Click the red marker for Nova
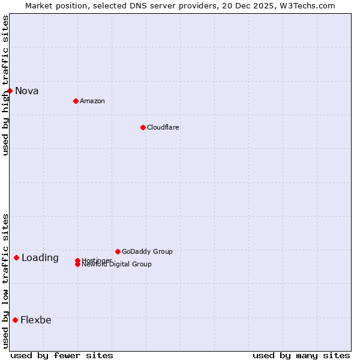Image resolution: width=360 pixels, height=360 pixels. [x=10, y=91]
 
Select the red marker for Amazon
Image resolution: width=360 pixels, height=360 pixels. [x=76, y=101]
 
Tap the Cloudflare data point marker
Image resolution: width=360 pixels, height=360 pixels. [x=143, y=127]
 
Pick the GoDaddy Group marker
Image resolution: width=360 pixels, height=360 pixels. [x=118, y=251]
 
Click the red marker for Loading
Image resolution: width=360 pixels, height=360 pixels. [x=16, y=257]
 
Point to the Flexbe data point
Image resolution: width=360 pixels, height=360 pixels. [x=15, y=320]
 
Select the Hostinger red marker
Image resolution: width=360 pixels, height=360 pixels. [x=77, y=260]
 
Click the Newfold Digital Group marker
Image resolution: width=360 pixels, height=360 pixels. [x=77, y=265]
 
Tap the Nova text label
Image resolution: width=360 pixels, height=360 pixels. [x=27, y=91]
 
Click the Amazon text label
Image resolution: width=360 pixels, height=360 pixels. [x=92, y=101]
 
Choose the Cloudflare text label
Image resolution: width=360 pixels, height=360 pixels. [x=163, y=127]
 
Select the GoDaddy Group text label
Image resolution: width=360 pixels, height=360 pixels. [x=147, y=251]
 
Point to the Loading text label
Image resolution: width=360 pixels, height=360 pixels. [x=40, y=258]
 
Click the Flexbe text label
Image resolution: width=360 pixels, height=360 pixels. [x=36, y=320]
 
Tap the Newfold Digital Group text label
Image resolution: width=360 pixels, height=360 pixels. [x=117, y=265]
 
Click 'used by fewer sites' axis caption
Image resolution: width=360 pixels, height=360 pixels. [x=62, y=355]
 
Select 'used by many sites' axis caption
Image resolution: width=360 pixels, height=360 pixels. [x=301, y=355]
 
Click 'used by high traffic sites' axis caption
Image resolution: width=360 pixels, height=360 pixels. [x=5, y=85]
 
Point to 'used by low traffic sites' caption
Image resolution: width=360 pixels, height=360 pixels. [x=5, y=281]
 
